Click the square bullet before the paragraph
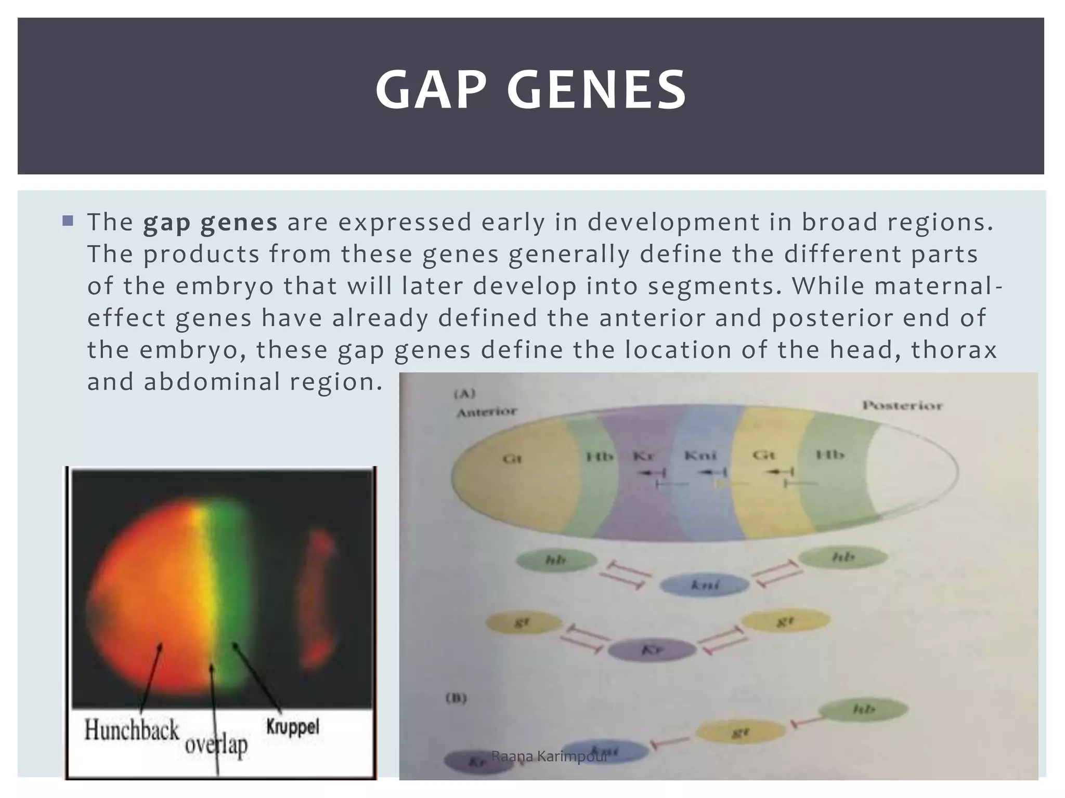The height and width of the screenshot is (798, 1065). (x=68, y=221)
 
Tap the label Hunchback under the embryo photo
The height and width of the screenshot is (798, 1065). (x=132, y=730)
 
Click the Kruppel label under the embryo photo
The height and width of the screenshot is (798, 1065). (x=293, y=727)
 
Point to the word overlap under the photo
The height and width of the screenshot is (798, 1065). (x=216, y=745)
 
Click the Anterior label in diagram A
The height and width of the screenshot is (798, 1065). (x=486, y=413)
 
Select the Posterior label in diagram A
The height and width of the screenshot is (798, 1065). (x=902, y=405)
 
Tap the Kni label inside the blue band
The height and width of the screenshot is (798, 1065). (x=700, y=456)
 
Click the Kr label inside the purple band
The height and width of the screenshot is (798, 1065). (x=643, y=456)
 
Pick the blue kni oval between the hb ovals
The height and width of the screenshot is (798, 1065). (x=705, y=585)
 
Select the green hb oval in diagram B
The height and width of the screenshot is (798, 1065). (x=863, y=709)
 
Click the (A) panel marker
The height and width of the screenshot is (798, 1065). (x=464, y=394)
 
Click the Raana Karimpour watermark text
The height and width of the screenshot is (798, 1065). (x=549, y=756)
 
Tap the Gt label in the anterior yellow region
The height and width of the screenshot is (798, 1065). (x=512, y=459)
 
